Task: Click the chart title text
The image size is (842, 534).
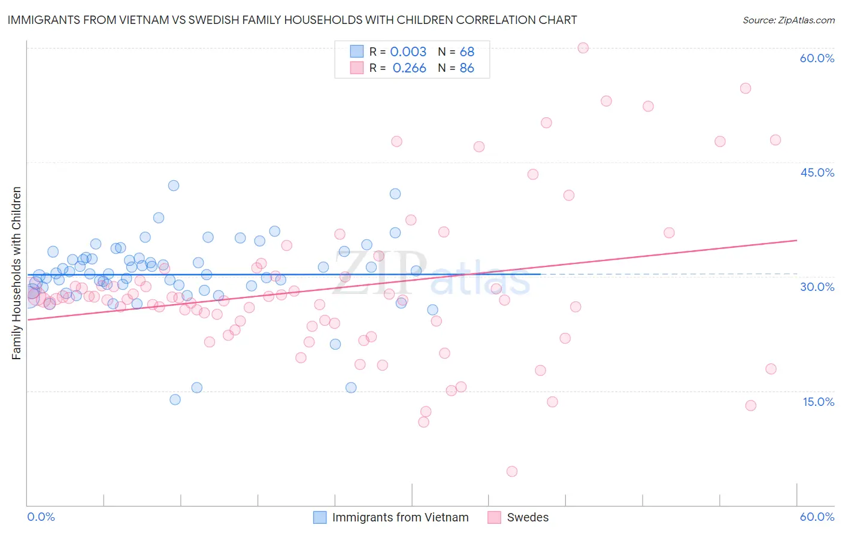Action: [x=292, y=20]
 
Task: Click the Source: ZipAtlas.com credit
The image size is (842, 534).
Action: [x=788, y=20]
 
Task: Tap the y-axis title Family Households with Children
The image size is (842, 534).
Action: [x=16, y=273]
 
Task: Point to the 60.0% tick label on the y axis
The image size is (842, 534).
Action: [x=817, y=58]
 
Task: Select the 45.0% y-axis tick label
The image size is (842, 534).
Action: [x=817, y=172]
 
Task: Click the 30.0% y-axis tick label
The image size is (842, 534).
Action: [x=817, y=287]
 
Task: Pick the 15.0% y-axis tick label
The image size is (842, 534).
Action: [x=818, y=402]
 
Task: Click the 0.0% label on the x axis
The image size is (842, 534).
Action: [x=41, y=517]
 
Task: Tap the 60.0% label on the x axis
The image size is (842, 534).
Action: [x=817, y=517]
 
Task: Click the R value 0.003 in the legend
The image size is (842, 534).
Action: [x=408, y=52]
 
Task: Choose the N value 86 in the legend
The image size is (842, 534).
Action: [x=467, y=68]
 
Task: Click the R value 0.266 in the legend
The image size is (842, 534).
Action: [x=409, y=68]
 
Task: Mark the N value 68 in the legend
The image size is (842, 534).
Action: [x=467, y=52]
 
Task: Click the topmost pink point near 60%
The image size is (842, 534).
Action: [x=583, y=48]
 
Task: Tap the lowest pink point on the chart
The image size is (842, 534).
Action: [x=511, y=471]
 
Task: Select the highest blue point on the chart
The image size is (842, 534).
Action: [x=173, y=186]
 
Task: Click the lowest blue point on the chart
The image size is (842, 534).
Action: [x=175, y=399]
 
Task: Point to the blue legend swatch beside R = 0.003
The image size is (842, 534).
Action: [x=356, y=51]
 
